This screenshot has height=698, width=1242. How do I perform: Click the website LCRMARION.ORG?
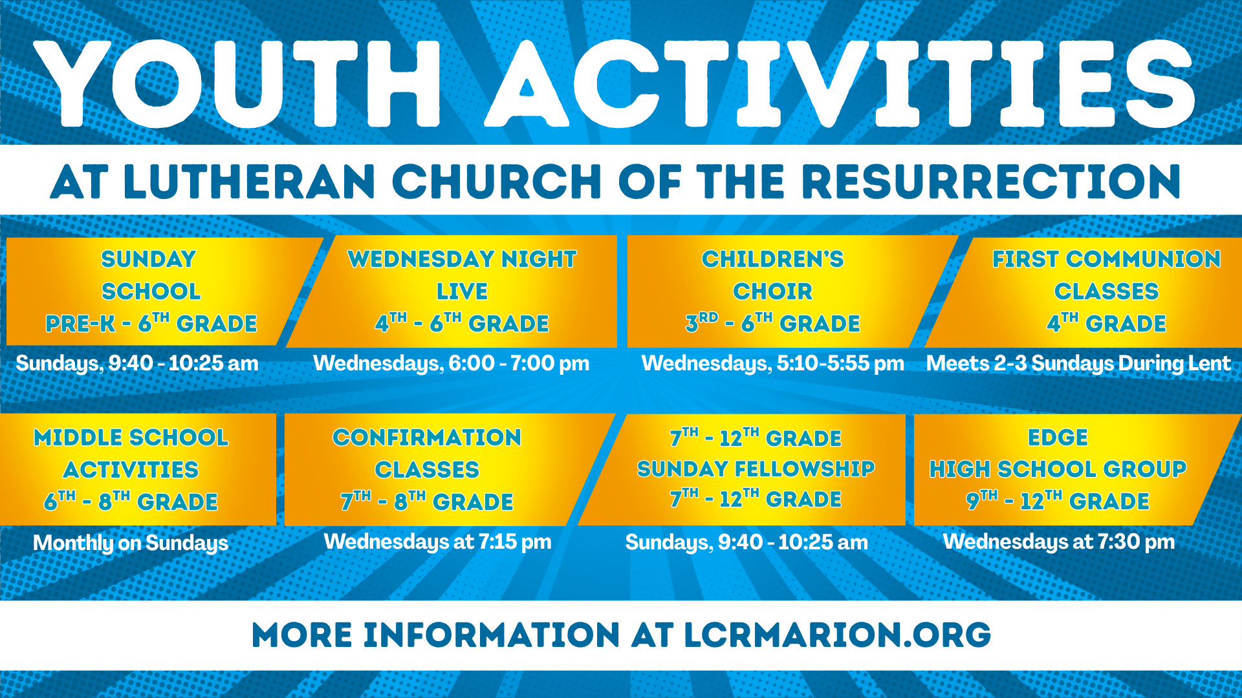837,635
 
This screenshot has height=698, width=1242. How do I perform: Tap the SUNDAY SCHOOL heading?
149,275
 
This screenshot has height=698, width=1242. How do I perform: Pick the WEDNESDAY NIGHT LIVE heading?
462,275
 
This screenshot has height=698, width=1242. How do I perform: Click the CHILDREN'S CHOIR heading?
773,275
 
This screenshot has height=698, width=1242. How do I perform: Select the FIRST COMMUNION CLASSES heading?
1106,275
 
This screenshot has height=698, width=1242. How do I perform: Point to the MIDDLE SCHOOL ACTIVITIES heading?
131,453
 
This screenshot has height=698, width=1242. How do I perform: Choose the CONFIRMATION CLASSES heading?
427,453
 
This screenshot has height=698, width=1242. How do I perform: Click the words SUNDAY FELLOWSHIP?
756,469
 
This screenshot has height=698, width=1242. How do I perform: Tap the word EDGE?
1058,438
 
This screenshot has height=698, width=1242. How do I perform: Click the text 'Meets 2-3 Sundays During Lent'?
1078,363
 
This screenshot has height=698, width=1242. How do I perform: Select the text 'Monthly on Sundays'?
131,543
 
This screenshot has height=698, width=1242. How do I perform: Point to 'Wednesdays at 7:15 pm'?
438,542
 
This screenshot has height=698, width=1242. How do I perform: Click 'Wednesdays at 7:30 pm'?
1059,542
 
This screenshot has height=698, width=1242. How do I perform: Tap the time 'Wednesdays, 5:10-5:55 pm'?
773,363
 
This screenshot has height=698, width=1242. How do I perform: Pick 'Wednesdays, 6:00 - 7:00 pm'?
452,363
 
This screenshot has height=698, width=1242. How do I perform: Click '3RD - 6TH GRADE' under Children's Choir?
773,323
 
